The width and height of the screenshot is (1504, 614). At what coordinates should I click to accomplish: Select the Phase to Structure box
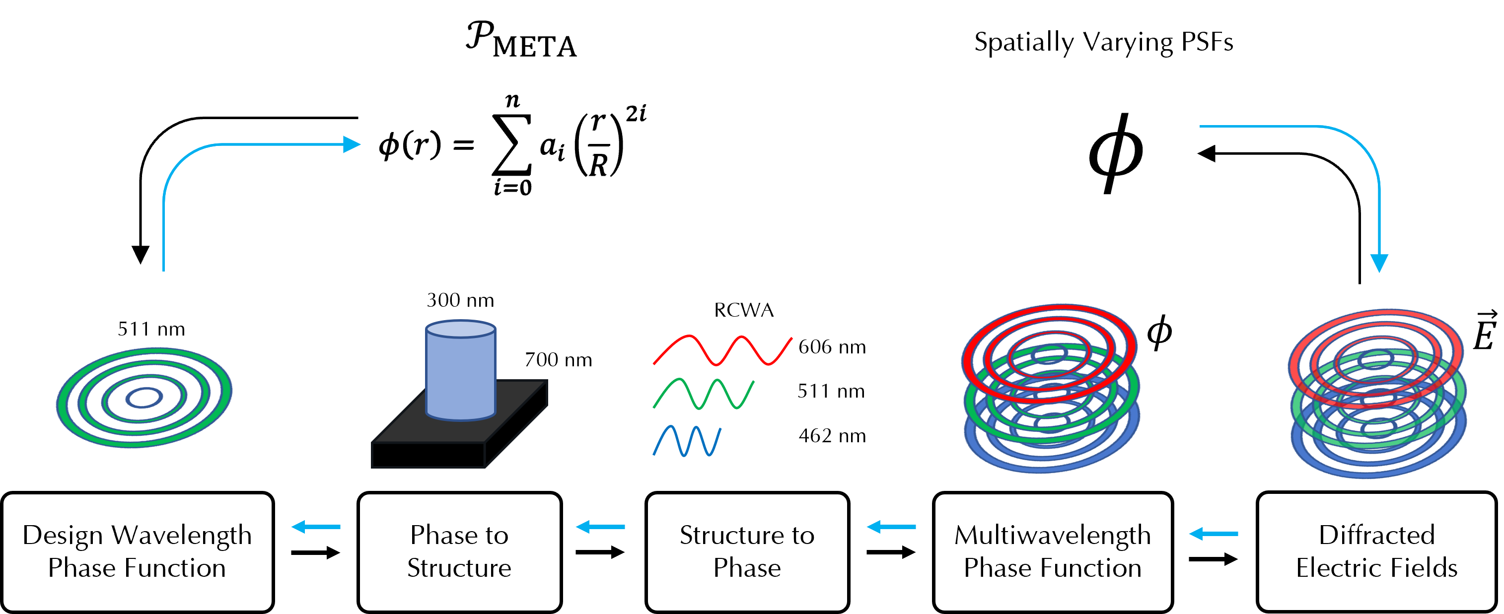click(x=459, y=551)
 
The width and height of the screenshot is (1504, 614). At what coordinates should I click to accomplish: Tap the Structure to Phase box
click(x=747, y=551)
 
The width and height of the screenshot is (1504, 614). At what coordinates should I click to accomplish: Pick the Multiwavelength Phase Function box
click(x=1053, y=551)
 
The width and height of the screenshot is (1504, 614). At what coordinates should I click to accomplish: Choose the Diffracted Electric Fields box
click(x=1377, y=551)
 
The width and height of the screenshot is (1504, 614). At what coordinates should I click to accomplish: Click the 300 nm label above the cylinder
click(x=460, y=300)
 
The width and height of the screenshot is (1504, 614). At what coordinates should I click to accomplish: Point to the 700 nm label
click(x=558, y=359)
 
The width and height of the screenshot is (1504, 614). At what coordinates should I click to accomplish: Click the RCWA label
click(x=744, y=310)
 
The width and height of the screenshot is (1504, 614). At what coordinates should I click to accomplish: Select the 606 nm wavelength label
click(x=832, y=346)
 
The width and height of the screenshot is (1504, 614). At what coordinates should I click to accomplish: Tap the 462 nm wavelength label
click(x=832, y=435)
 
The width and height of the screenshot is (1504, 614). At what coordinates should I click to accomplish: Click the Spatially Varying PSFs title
click(x=1103, y=42)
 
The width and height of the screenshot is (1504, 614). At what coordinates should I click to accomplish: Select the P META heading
click(x=521, y=39)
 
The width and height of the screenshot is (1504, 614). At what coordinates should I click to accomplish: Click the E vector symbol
click(x=1484, y=331)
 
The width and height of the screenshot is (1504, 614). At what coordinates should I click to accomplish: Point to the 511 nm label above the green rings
click(x=151, y=329)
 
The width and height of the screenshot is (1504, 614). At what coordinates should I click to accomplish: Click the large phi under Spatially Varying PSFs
click(x=1116, y=153)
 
